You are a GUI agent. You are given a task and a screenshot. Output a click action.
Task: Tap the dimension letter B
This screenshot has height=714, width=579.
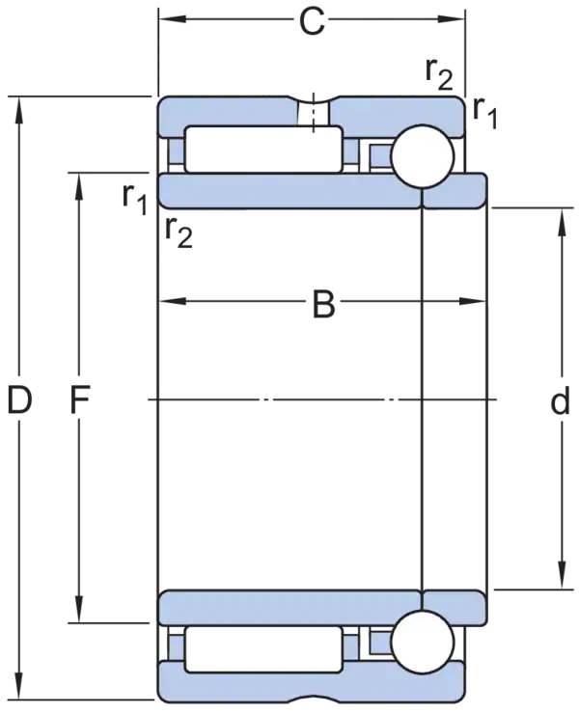[324, 305]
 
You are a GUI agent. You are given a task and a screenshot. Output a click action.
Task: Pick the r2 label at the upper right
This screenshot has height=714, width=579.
[440, 75]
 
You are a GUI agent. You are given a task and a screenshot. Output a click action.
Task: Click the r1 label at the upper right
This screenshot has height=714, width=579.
[485, 114]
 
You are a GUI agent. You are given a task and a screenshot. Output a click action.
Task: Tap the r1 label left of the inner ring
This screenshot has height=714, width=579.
[135, 200]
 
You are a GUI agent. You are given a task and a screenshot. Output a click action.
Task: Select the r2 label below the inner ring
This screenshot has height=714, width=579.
[179, 233]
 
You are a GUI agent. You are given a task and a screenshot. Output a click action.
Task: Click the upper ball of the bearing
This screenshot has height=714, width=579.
[423, 155]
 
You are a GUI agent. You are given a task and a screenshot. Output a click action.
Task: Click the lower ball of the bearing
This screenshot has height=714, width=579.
[423, 641]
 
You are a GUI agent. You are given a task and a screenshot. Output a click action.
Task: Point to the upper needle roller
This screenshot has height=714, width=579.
[263, 150]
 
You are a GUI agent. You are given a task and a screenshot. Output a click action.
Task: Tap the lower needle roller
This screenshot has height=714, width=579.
[263, 648]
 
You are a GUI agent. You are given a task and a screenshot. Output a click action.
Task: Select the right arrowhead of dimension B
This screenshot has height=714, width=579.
[473, 301]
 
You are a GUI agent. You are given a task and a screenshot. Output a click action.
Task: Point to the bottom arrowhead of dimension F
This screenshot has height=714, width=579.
[79, 609]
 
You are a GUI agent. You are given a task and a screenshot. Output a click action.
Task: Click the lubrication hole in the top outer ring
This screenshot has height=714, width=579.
[313, 112]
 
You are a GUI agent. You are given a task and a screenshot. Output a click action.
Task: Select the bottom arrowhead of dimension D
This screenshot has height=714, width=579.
[18, 685]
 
